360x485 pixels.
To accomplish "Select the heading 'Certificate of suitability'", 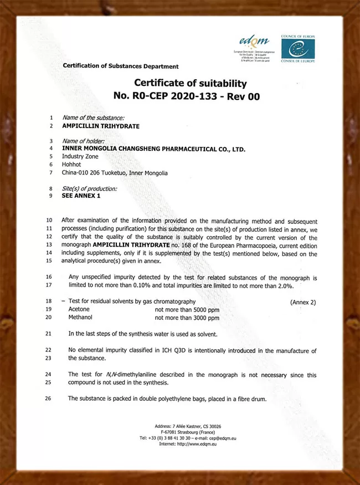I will tap(190, 83).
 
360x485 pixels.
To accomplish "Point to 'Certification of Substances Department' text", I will tap(121, 67).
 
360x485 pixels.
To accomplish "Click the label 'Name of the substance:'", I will tap(93, 118).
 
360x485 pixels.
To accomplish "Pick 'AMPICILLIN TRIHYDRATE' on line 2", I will tap(101, 126).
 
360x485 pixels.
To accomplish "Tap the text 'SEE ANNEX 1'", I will tap(81, 196).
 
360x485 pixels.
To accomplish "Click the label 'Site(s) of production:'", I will tap(90, 188).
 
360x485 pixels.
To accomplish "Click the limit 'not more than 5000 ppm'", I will tap(187, 309).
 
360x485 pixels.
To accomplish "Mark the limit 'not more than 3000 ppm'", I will tap(187, 318).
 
